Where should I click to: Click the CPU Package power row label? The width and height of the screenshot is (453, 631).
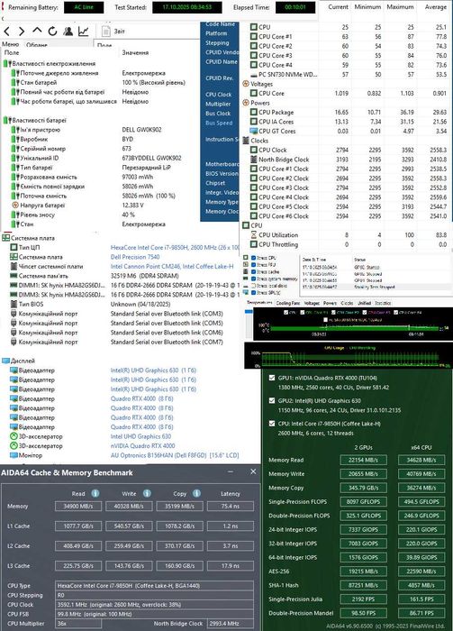point(276,112)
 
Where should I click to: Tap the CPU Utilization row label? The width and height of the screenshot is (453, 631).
point(280,234)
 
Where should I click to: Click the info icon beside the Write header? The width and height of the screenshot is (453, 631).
point(150,493)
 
